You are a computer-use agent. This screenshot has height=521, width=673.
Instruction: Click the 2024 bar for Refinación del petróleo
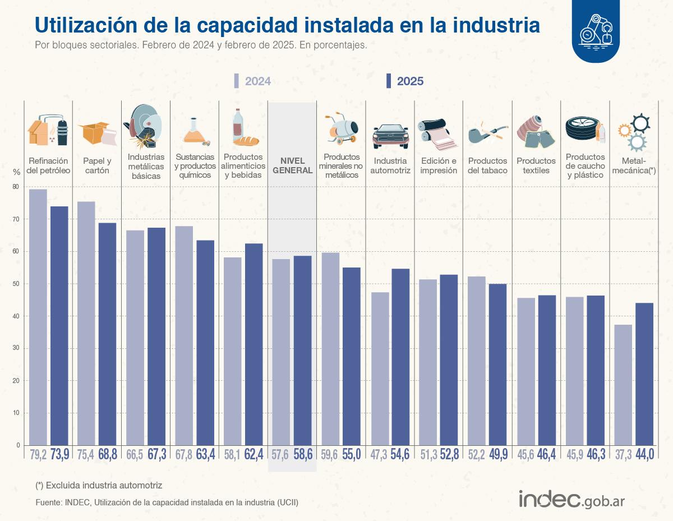pos(38,317)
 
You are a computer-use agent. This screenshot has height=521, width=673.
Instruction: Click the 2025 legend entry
pos(405,81)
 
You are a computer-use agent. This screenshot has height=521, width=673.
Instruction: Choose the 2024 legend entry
pos(252,81)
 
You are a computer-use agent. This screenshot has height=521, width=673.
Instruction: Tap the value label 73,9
pos(60,455)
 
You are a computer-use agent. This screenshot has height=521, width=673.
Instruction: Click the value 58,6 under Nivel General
pos(302,455)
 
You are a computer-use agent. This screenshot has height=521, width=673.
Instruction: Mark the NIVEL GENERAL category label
pos(292,166)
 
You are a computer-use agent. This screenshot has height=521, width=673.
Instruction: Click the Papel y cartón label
pos(96,165)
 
